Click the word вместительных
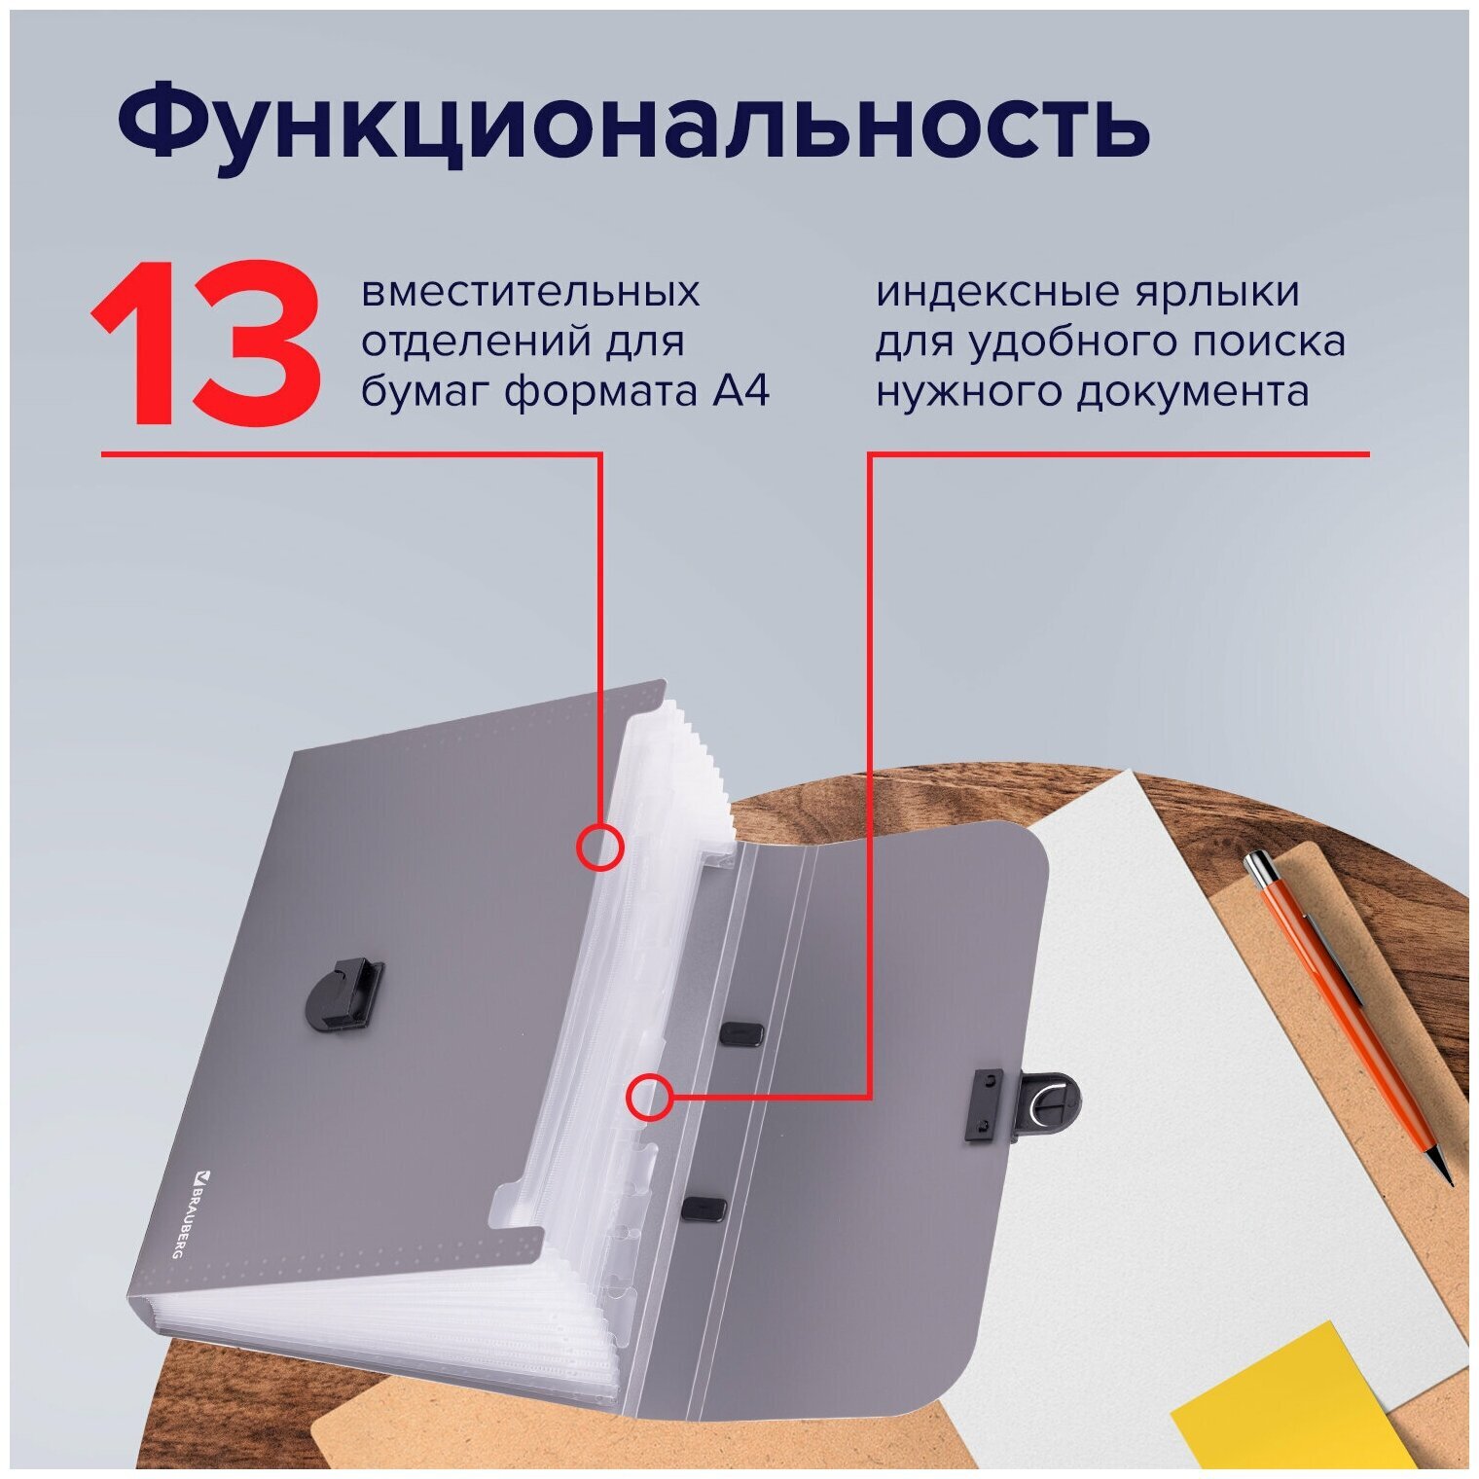[x=530, y=292]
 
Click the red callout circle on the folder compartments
[x=599, y=847]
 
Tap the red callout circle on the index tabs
[x=649, y=1098]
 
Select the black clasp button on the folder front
[x=343, y=993]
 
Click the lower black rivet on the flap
[x=703, y=1208]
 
